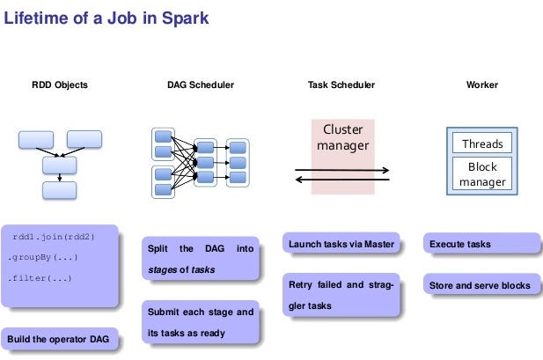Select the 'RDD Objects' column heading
[59, 85]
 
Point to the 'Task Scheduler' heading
[341, 85]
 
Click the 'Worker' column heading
[481, 85]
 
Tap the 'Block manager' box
[481, 173]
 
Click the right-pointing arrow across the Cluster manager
[341, 170]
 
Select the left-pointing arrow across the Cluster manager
[341, 180]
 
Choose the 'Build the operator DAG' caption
[59, 339]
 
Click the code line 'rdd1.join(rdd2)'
[53, 237]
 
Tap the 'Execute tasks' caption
[460, 244]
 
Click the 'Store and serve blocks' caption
[480, 286]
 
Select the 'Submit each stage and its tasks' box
[200, 322]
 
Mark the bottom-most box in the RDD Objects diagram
[59, 189]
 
